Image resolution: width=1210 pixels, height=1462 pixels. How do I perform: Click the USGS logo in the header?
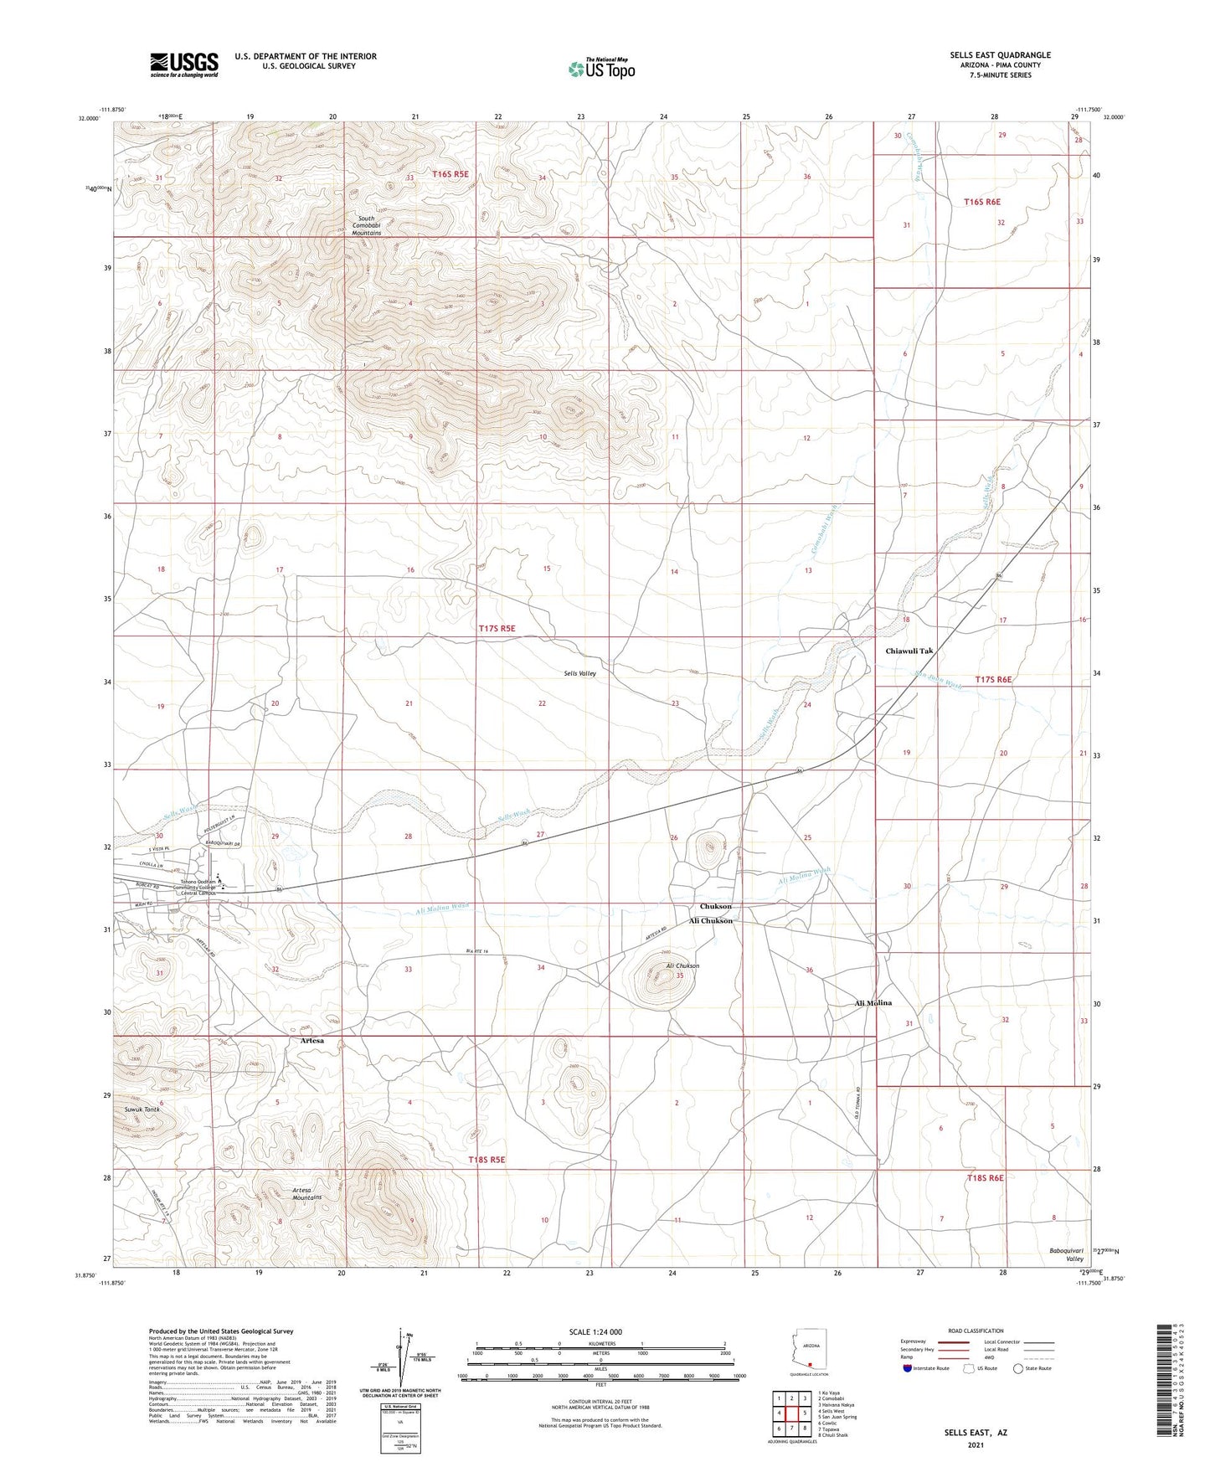[x=184, y=64]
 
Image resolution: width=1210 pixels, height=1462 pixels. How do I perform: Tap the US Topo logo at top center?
[x=601, y=69]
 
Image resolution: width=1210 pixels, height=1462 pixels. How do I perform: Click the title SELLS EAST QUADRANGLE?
[x=1000, y=55]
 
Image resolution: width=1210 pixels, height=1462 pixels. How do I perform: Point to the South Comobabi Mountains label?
[x=366, y=226]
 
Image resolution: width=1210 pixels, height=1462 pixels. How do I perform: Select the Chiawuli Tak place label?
[x=909, y=651]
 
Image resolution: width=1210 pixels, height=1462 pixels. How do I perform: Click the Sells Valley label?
[x=579, y=673]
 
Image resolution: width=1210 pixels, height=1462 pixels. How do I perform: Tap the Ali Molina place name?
[x=873, y=1002]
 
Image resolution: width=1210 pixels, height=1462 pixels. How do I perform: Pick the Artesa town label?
[x=312, y=1040]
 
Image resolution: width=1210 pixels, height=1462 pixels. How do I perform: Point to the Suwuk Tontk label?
[x=136, y=1109]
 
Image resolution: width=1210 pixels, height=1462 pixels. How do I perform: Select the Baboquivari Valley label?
[x=1067, y=1254]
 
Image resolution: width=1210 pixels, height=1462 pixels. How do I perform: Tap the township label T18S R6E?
[x=985, y=1178]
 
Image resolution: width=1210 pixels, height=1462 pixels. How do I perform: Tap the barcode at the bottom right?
[x=1162, y=1384]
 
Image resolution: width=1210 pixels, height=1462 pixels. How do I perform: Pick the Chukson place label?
[x=716, y=907]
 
